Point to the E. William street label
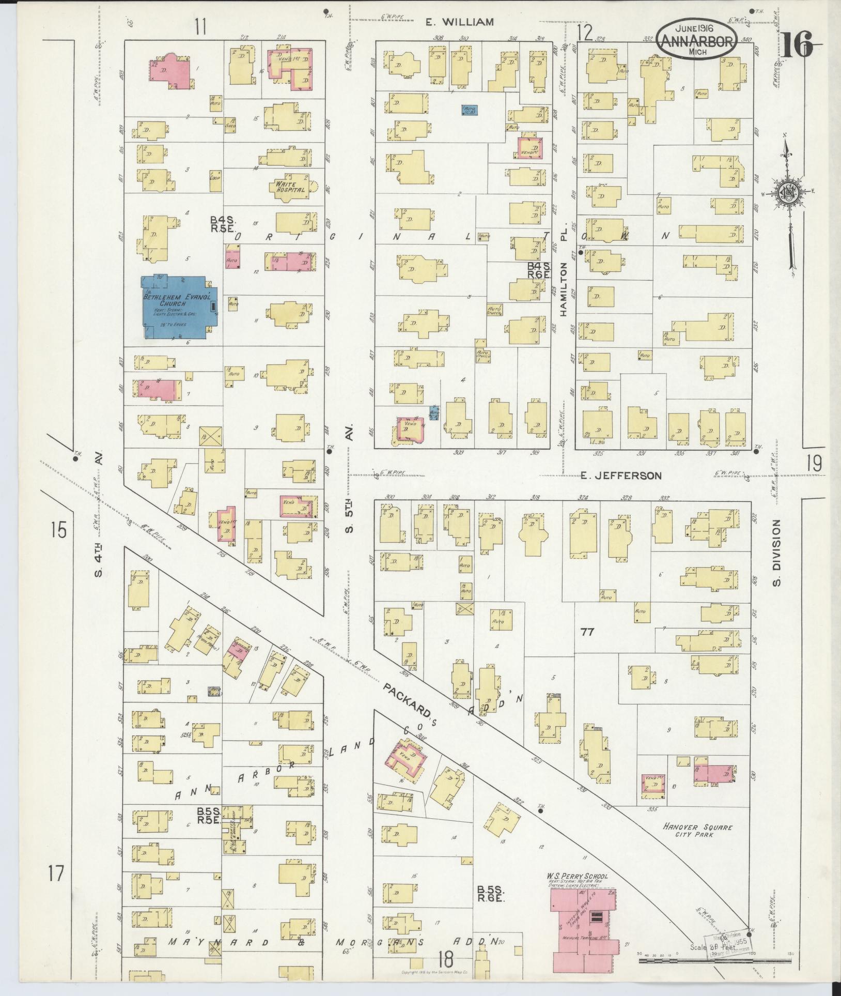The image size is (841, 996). click(459, 22)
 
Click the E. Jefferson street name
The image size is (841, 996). click(620, 476)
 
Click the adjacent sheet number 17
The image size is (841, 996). click(56, 874)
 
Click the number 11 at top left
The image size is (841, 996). click(200, 26)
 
